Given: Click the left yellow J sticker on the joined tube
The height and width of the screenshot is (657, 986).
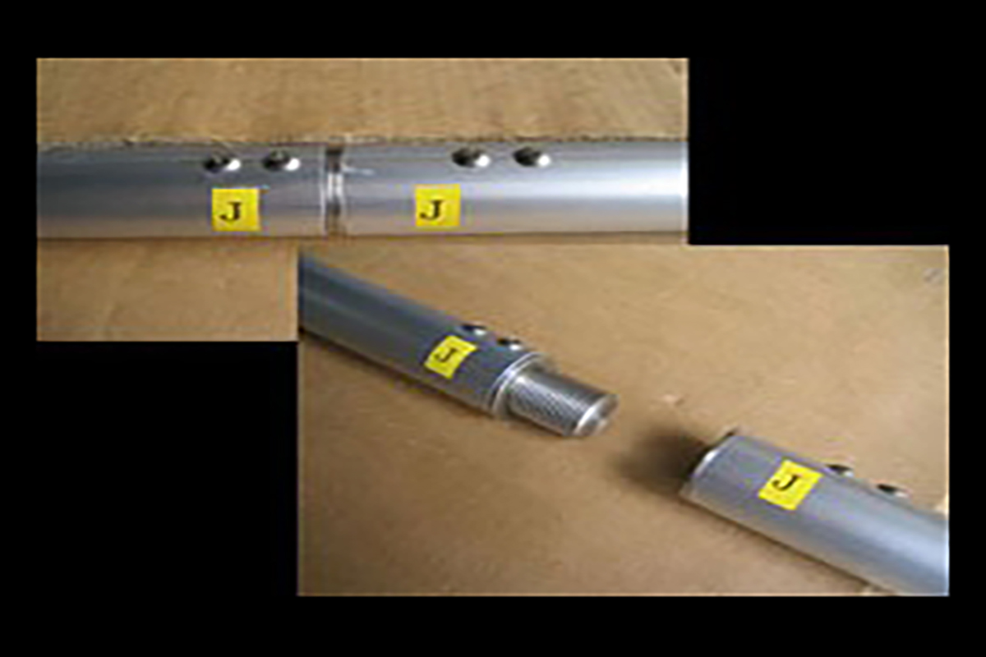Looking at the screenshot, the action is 236,210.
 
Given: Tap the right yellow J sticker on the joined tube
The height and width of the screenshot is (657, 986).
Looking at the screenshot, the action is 437,206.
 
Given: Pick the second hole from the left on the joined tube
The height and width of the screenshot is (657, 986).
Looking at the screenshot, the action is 281,161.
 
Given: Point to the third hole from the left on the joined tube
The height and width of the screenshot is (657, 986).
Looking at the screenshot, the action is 472,158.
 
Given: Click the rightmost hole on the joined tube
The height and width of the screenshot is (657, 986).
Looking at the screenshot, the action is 532,157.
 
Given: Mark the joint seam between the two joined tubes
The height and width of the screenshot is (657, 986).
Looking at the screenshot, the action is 334,191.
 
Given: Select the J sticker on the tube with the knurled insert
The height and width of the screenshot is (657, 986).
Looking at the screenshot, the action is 450,356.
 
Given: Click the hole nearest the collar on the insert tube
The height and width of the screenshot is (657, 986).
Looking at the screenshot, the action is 511,343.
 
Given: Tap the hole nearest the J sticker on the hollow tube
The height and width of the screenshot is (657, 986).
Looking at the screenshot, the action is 840,470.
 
